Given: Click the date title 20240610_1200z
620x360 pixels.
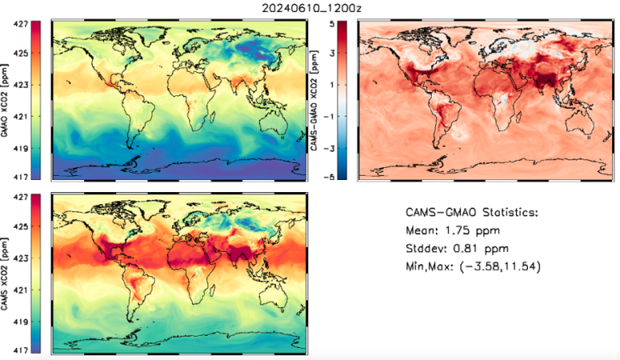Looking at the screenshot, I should pyautogui.click(x=310, y=7).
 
